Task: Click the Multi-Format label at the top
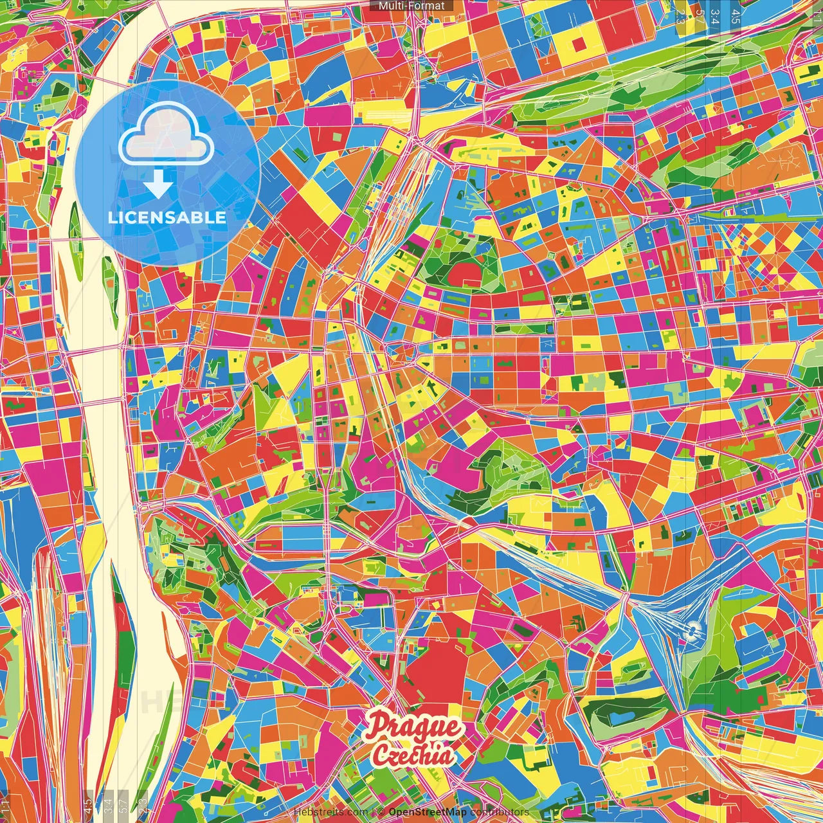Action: click(x=411, y=6)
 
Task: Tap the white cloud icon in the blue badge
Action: click(x=167, y=133)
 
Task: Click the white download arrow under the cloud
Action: click(x=158, y=185)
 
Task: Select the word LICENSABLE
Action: click(x=167, y=217)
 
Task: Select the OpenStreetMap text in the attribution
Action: click(x=428, y=812)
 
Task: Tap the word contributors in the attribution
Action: click(x=500, y=812)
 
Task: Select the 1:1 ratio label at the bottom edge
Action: click(x=5, y=806)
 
